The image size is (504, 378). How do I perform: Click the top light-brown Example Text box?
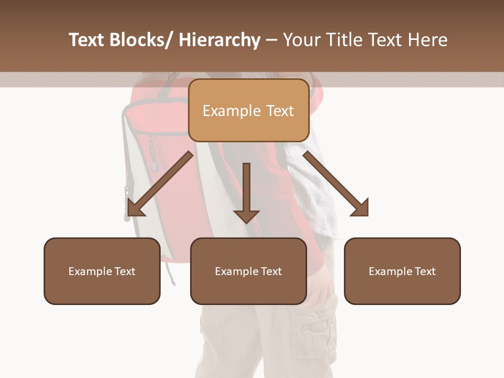248,110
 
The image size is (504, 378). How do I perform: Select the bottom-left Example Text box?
102,271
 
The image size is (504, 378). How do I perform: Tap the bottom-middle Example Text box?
248,271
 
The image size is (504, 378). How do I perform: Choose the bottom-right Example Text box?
402,271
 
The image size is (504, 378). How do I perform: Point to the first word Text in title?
87,40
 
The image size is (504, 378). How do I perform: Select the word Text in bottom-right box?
424,271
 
